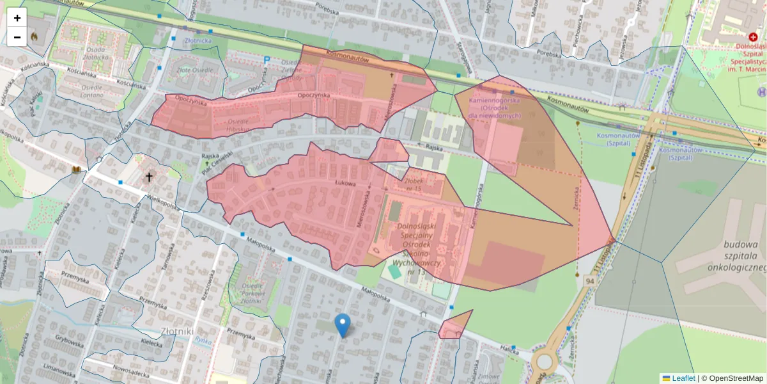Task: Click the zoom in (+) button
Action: (17, 18)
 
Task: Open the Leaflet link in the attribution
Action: (683, 378)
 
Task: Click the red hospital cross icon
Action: (753, 38)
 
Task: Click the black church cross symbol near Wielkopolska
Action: (150, 177)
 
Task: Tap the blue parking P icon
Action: (267, 60)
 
